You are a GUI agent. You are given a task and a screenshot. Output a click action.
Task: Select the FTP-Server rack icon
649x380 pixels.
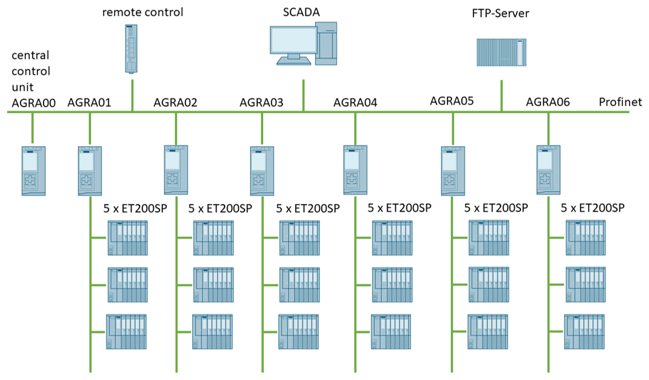pyautogui.click(x=500, y=52)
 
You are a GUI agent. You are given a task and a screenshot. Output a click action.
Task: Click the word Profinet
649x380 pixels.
pyautogui.click(x=620, y=102)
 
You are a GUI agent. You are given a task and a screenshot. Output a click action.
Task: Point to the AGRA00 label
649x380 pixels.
pyautogui.click(x=34, y=103)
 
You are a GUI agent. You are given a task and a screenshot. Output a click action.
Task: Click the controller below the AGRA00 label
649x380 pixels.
pyautogui.click(x=33, y=170)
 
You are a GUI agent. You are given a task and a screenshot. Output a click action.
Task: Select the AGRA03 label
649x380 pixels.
pyautogui.click(x=261, y=102)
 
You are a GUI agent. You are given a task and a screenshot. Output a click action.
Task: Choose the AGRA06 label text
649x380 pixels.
pyautogui.click(x=548, y=102)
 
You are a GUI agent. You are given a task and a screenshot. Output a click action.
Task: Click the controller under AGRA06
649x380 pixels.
pyautogui.click(x=548, y=170)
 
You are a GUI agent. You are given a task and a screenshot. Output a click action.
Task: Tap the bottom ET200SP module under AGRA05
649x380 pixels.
pyautogui.click(x=490, y=332)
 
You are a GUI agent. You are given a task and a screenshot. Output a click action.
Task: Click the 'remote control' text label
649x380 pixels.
pyautogui.click(x=142, y=11)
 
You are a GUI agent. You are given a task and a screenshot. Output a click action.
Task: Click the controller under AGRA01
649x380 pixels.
pyautogui.click(x=89, y=170)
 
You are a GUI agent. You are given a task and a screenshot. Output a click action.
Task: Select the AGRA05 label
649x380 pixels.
pyautogui.click(x=452, y=100)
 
